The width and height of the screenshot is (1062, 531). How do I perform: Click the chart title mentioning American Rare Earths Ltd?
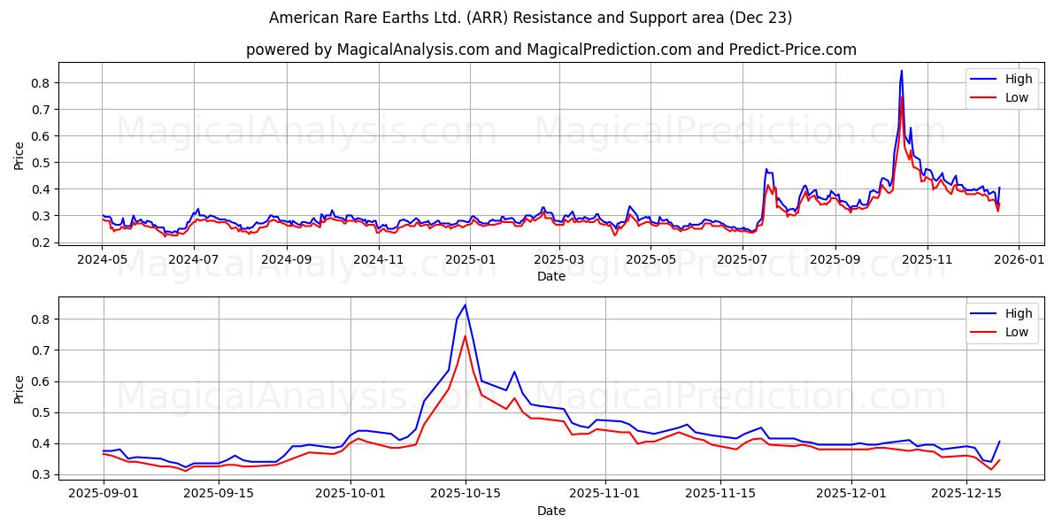click(x=531, y=18)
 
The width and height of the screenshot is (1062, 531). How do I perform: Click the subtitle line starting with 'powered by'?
click(x=550, y=50)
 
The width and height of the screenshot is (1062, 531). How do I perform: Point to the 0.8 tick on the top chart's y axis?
click(x=40, y=83)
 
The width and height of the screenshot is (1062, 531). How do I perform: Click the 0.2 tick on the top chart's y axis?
click(x=40, y=242)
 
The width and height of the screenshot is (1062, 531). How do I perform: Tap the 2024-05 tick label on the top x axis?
click(x=103, y=259)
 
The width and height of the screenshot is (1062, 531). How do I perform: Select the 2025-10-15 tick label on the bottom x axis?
click(x=466, y=493)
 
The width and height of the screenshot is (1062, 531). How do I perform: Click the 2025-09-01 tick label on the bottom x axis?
click(x=104, y=493)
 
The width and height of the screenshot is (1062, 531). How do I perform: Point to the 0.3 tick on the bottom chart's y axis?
click(x=40, y=475)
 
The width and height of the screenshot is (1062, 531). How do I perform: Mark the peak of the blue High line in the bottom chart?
click(x=466, y=305)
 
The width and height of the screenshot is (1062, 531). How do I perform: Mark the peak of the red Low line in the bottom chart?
click(x=466, y=335)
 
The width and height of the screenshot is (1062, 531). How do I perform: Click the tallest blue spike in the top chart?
click(x=902, y=71)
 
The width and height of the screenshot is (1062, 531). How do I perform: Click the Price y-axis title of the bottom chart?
click(x=19, y=389)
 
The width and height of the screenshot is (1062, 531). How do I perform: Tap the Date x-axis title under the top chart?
click(x=550, y=276)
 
